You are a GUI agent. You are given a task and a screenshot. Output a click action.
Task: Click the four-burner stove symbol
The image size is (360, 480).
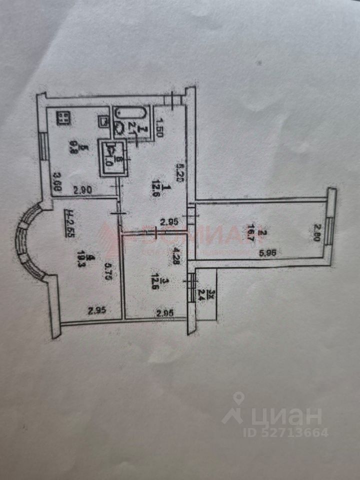63,118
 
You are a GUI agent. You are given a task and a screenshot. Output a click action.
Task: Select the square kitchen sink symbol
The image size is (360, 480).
104,121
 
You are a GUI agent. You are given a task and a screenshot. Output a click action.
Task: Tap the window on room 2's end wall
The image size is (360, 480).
328,230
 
